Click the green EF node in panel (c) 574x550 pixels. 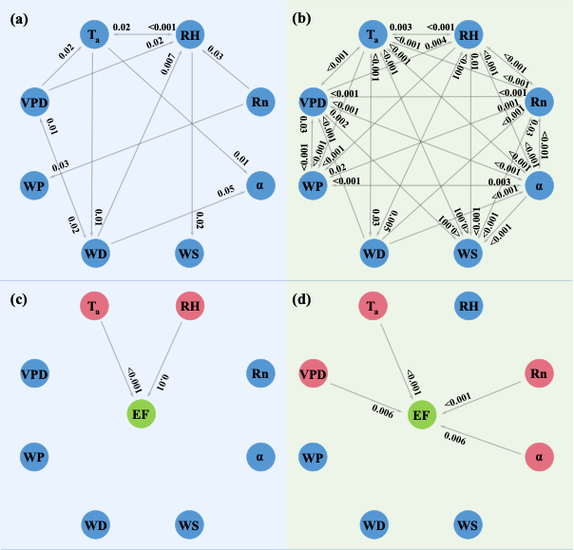pos(143,414)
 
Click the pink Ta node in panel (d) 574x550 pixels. pos(373,306)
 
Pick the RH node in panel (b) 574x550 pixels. pos(469,35)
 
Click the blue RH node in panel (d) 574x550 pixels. pos(469,306)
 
